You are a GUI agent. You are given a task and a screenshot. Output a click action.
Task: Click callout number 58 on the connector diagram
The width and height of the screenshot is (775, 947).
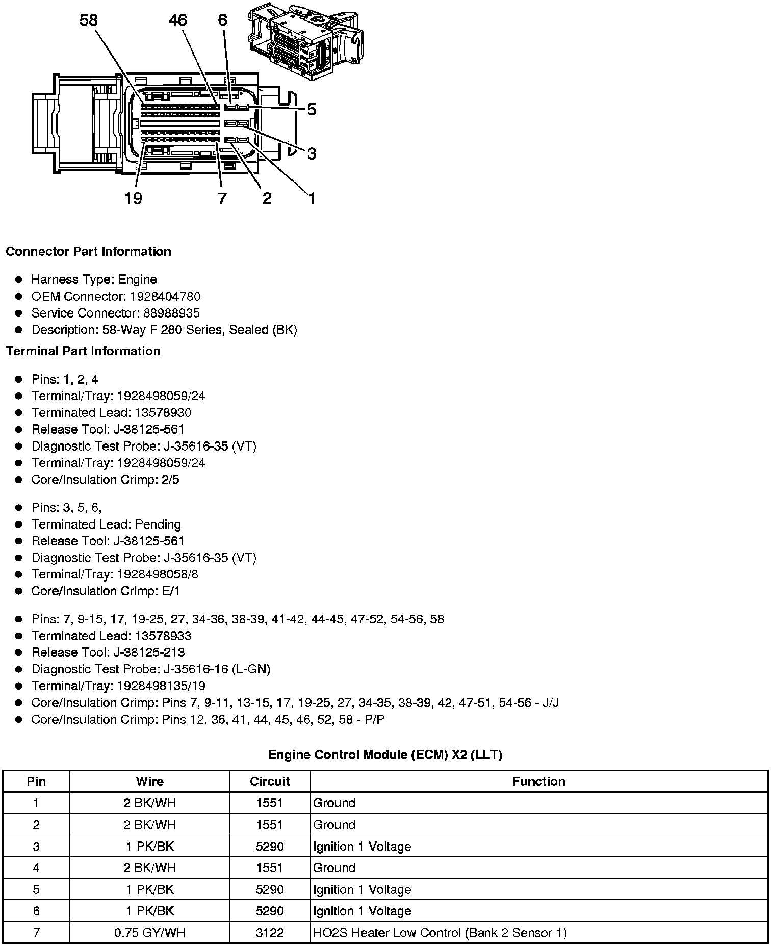click(89, 20)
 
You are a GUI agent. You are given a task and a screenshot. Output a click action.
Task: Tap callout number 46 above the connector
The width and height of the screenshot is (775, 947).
click(178, 20)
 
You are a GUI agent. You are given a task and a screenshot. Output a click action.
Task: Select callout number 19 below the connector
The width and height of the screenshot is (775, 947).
click(133, 198)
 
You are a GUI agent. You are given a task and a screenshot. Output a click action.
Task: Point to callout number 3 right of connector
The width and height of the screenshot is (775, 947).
click(312, 153)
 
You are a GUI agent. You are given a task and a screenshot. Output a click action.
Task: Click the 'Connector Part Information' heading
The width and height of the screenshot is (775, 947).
click(89, 252)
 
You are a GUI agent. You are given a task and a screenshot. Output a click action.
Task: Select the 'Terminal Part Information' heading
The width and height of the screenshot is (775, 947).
click(83, 351)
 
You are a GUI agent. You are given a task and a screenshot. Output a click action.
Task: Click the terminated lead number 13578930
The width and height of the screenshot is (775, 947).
click(163, 412)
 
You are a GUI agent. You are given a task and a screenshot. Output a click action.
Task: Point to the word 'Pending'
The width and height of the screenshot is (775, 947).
click(158, 524)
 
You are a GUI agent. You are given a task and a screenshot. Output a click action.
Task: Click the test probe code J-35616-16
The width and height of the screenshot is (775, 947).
click(196, 669)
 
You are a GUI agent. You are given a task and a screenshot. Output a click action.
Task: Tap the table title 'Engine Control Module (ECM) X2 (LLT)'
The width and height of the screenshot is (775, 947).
click(385, 755)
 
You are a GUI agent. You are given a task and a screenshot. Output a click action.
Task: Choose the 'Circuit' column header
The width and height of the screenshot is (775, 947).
click(270, 781)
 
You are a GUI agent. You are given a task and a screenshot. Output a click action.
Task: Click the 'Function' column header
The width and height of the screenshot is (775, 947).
click(538, 781)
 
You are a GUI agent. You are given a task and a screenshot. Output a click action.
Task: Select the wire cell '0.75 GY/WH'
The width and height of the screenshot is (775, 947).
click(149, 933)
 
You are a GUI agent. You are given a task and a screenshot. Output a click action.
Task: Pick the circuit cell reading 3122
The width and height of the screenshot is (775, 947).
click(270, 933)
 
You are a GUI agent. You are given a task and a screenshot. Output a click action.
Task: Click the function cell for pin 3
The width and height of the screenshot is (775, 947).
click(362, 847)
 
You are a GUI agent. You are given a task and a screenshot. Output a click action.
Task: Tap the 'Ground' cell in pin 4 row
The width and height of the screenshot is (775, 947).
click(334, 868)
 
